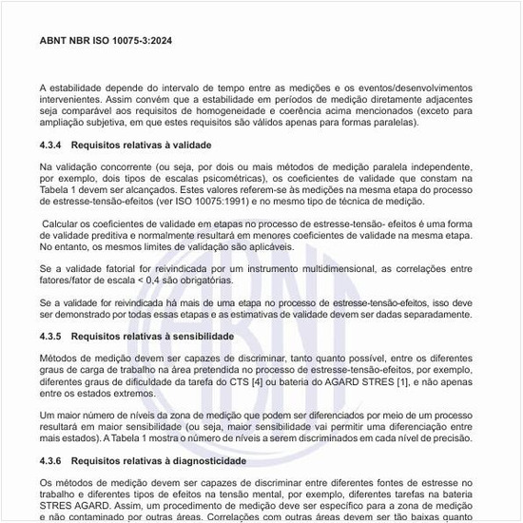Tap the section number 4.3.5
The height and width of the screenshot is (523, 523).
(x=53, y=337)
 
